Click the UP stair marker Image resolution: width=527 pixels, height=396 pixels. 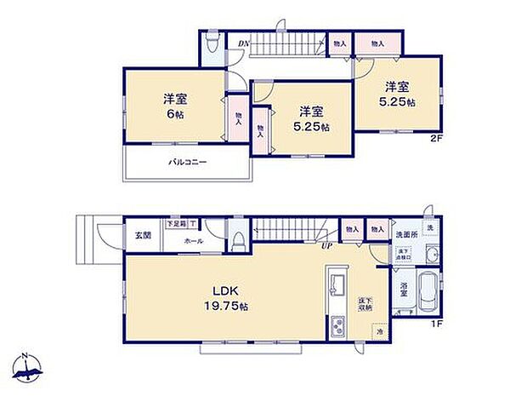pyautogui.click(x=326, y=246)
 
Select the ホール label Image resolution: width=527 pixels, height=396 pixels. pyautogui.click(x=194, y=241)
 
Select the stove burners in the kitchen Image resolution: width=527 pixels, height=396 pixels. pyautogui.click(x=337, y=325)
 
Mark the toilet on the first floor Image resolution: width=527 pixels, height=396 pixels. pyautogui.click(x=240, y=241)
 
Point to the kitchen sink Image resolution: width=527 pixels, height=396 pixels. pyautogui.click(x=336, y=283)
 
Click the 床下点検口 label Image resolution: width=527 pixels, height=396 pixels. pyautogui.click(x=403, y=253)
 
